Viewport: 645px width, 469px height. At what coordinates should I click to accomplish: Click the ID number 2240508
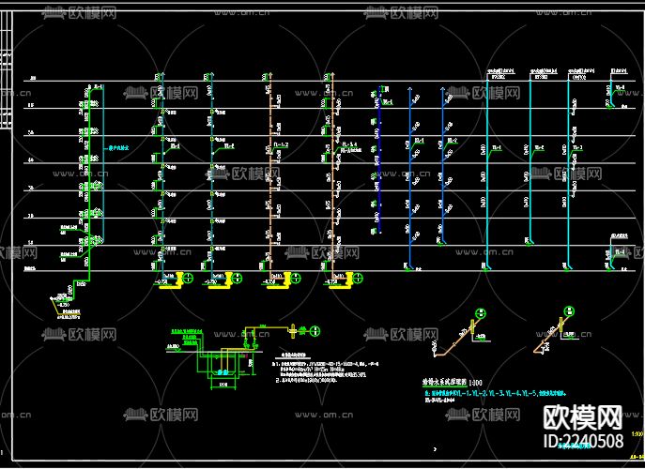click(583, 440)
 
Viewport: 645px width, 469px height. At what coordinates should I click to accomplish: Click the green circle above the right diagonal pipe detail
click(567, 311)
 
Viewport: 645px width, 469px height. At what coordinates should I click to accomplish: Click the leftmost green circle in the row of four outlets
click(187, 278)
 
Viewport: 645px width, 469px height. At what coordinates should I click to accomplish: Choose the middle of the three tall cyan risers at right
click(530, 169)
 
